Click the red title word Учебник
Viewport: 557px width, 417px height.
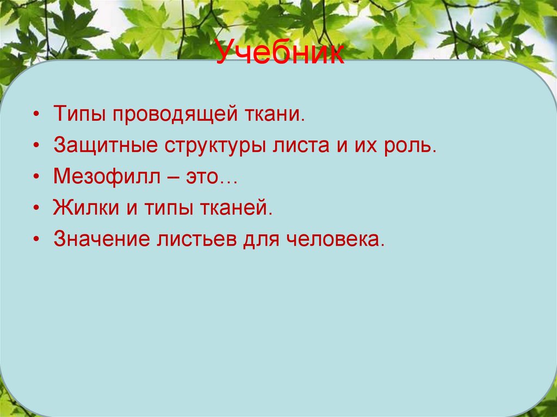click(280, 55)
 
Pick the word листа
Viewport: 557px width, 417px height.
click(299, 146)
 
